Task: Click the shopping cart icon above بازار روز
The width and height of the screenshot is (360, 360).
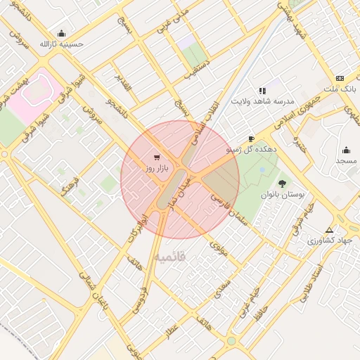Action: (x=156, y=157)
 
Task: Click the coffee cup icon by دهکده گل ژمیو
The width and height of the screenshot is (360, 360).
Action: (x=252, y=139)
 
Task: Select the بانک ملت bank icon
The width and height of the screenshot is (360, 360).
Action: (x=340, y=78)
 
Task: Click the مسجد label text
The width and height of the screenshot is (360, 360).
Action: (x=346, y=162)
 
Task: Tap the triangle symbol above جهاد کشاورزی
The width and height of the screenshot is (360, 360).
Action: (x=329, y=230)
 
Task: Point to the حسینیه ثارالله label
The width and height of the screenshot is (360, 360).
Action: (x=61, y=44)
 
